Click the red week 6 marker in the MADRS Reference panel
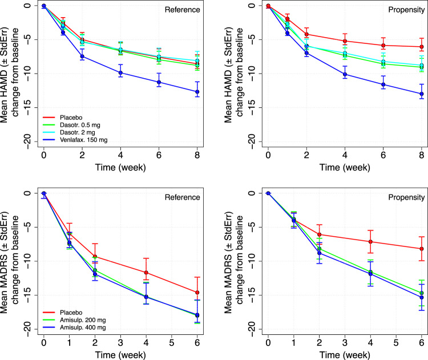(x=197, y=293)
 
